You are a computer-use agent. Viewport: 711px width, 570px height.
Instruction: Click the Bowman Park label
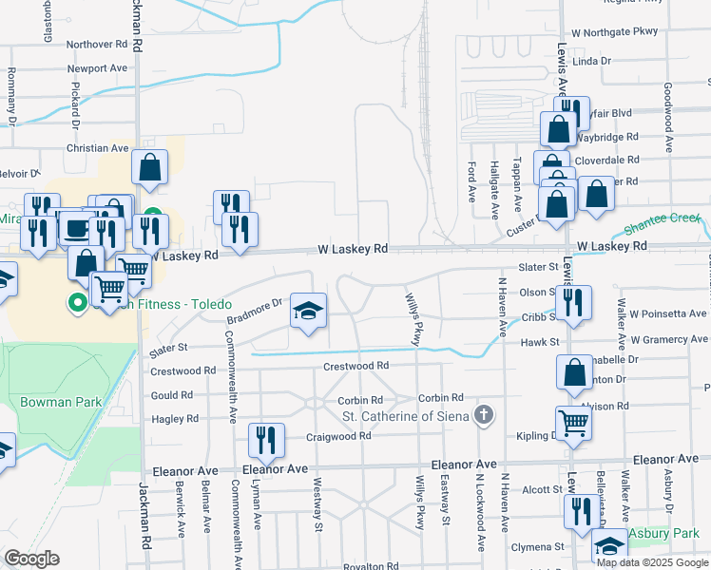coord(61,402)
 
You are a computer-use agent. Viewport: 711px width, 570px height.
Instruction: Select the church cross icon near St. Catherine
coord(485,414)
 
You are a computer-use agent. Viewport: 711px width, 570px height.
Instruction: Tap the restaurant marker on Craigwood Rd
coord(264,441)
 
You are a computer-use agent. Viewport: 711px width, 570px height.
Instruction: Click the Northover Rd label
coord(97,44)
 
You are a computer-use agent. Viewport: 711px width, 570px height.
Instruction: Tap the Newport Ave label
coord(97,68)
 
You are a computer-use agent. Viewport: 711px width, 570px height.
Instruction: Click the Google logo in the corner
coord(31,559)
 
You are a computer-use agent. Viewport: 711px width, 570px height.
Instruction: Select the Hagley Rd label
coord(178,418)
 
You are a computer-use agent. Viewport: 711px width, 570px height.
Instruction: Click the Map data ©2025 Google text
coord(652,563)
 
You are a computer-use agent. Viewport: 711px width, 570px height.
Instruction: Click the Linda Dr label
coord(592,60)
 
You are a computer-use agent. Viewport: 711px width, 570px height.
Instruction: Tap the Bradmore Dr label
coord(264,306)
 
